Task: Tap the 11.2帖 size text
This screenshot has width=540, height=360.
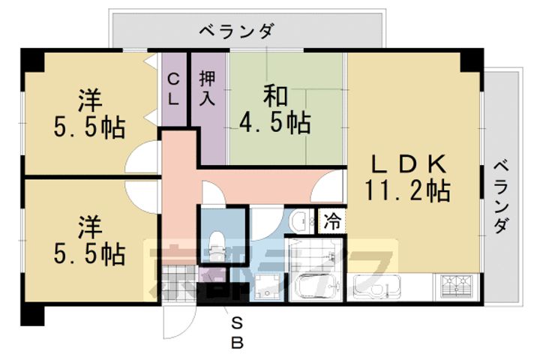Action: [x=408, y=192]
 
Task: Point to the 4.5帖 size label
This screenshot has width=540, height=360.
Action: [x=274, y=121]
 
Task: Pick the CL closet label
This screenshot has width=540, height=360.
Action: [x=172, y=88]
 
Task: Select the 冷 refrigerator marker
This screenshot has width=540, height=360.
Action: [x=331, y=220]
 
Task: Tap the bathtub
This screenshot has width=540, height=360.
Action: [x=313, y=287]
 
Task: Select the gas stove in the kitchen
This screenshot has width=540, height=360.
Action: [x=457, y=286]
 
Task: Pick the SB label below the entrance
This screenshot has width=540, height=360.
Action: [x=236, y=333]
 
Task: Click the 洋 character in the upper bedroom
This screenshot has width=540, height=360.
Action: [x=90, y=99]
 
